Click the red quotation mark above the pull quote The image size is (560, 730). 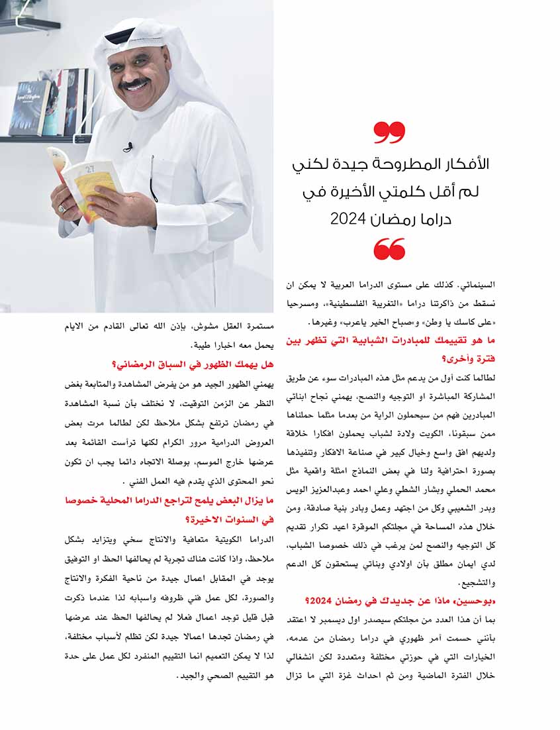389,132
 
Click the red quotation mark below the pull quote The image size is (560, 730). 389,250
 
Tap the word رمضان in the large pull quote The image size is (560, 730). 395,219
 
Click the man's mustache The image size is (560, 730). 134,85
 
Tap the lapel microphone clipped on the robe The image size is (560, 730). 128,146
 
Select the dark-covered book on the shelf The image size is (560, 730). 30,108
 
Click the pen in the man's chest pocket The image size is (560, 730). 153,179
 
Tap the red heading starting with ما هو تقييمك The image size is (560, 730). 391,350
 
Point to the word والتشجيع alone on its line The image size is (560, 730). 476,584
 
